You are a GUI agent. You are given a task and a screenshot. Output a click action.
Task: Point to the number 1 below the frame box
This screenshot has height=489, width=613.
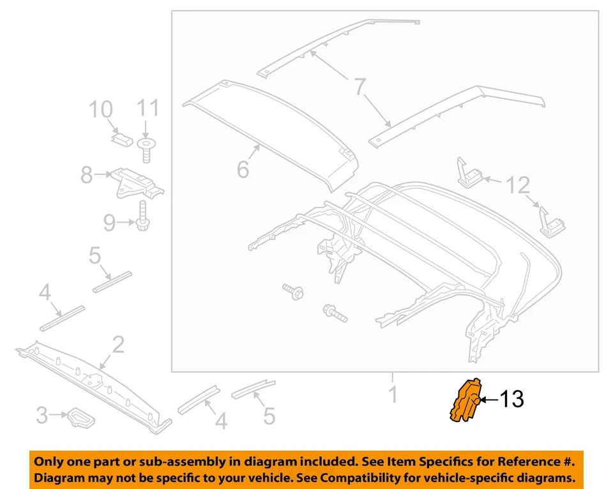(393, 394)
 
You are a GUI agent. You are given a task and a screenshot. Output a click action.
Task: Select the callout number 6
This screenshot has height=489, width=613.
(242, 170)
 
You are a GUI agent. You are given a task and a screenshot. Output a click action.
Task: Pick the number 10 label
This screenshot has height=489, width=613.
(100, 110)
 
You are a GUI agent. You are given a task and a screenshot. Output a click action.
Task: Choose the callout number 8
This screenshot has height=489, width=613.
(86, 174)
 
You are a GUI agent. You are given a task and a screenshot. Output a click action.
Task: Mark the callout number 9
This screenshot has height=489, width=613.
(110, 222)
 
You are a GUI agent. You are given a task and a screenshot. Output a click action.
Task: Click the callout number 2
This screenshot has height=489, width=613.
(118, 345)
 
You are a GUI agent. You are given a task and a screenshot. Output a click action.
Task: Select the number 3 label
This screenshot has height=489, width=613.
(42, 416)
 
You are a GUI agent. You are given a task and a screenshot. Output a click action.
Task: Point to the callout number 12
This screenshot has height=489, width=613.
(518, 186)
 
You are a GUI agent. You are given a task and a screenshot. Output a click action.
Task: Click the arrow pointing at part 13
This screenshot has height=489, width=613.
(488, 400)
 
